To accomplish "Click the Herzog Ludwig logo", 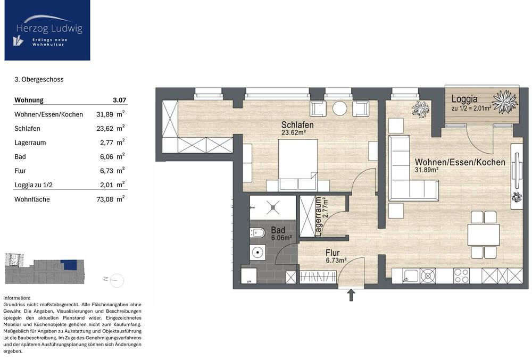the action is click(47, 30).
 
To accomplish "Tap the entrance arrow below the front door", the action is click(351, 295).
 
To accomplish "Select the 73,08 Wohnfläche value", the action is click(105, 199).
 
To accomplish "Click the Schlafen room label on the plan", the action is click(297, 125).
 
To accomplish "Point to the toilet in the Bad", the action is click(257, 233).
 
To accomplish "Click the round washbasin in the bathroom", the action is click(258, 253).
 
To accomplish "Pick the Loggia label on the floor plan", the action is click(464, 99).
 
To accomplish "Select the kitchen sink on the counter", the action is click(411, 276).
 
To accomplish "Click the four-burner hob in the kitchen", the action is click(462, 276).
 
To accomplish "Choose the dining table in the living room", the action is click(484, 235).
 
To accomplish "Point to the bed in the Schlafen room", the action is click(298, 164).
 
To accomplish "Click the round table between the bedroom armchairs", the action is click(339, 108).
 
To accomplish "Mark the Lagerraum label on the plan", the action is click(318, 216).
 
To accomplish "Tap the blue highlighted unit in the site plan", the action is click(70, 265).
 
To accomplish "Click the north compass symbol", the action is click(115, 280).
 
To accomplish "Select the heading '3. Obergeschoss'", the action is click(39, 79).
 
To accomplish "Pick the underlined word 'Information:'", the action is click(16, 298).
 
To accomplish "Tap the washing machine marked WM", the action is click(248, 276).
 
